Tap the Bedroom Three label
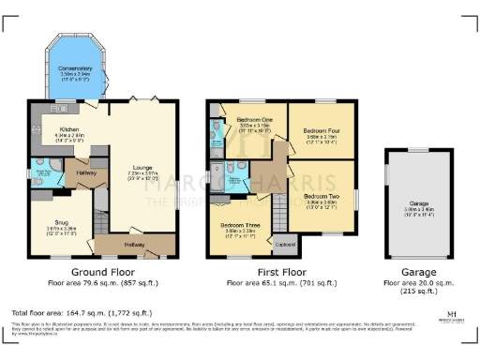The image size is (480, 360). (239, 225)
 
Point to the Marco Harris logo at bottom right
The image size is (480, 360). (451, 317)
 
